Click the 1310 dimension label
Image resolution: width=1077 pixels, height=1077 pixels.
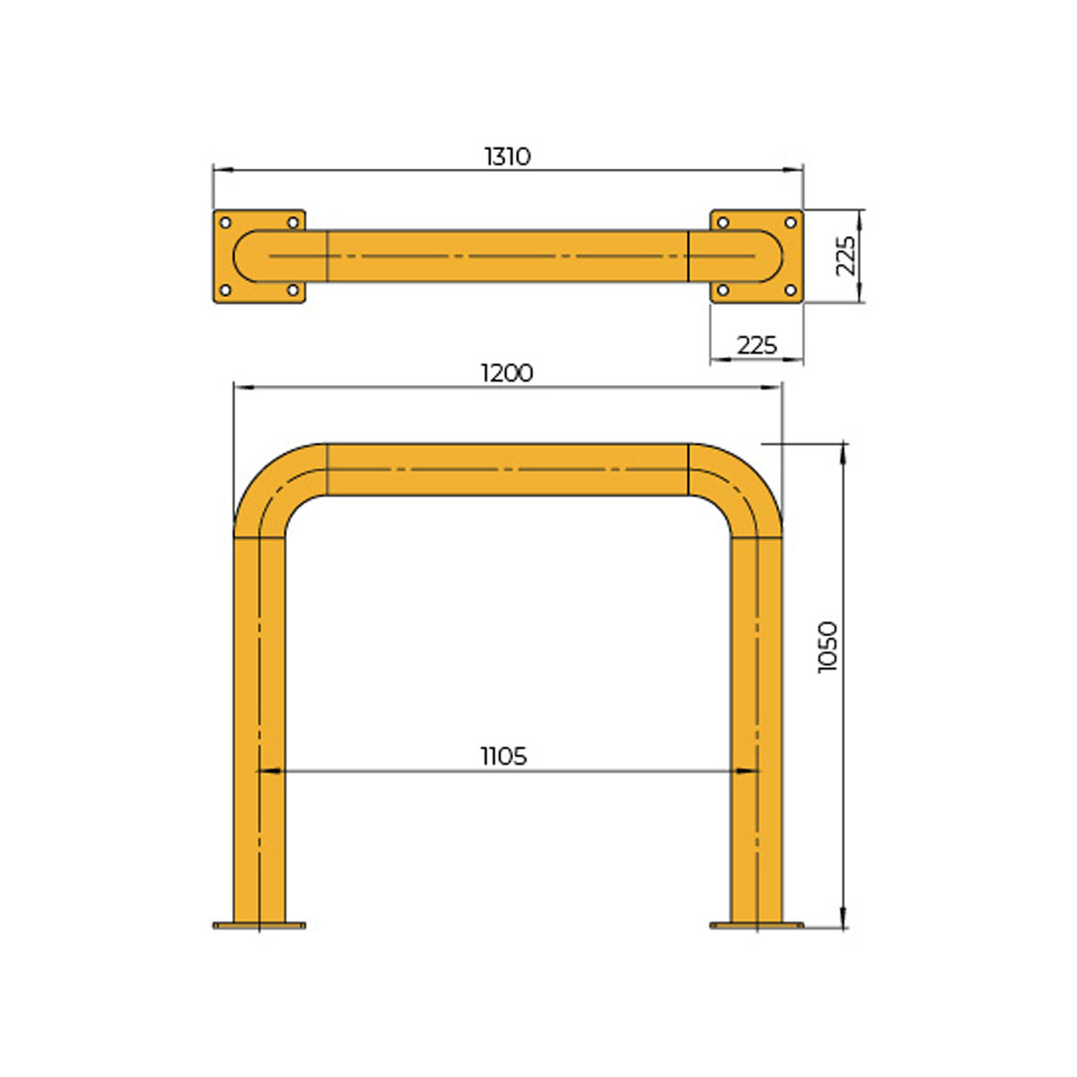(x=508, y=156)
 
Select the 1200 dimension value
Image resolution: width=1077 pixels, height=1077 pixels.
(x=507, y=372)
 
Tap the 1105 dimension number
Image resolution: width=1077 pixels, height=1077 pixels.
(x=503, y=757)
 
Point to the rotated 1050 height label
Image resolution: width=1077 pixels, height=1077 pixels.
(x=827, y=646)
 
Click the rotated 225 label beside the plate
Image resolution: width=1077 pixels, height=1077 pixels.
(x=845, y=256)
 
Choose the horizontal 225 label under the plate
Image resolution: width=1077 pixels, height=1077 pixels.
(x=757, y=345)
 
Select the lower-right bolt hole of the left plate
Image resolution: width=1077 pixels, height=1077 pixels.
(x=293, y=290)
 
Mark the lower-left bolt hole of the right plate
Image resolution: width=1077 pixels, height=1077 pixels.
(x=722, y=290)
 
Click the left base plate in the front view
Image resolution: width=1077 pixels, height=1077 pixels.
(x=259, y=924)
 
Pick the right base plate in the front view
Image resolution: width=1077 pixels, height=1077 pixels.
(x=757, y=924)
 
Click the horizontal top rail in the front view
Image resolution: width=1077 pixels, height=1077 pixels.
(x=507, y=469)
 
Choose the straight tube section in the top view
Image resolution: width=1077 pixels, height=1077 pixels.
(x=507, y=257)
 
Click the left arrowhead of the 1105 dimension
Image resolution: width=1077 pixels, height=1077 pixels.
(x=266, y=770)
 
